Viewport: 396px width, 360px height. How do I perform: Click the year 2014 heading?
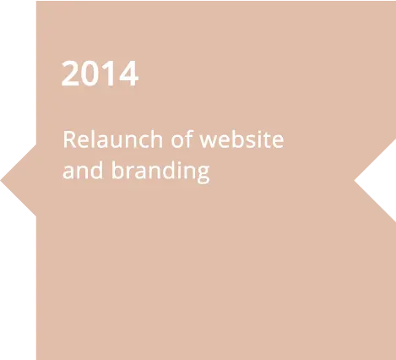(100, 74)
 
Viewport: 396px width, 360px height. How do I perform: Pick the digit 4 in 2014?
(129, 74)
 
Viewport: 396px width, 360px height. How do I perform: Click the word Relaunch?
(113, 139)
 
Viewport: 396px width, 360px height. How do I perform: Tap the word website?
(241, 139)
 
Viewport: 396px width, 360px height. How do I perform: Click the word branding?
(160, 172)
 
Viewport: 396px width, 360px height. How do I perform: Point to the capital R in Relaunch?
(70, 139)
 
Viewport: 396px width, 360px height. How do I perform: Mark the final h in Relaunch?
(155, 139)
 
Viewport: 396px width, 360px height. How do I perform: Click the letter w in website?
(210, 141)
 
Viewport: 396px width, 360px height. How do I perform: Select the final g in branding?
(203, 174)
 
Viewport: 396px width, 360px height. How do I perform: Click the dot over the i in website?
(263, 132)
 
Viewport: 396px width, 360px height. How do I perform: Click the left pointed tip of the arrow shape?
(1, 180)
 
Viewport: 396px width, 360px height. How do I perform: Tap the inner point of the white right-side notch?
(354, 181)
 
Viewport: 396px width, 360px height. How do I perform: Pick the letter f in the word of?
(189, 139)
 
